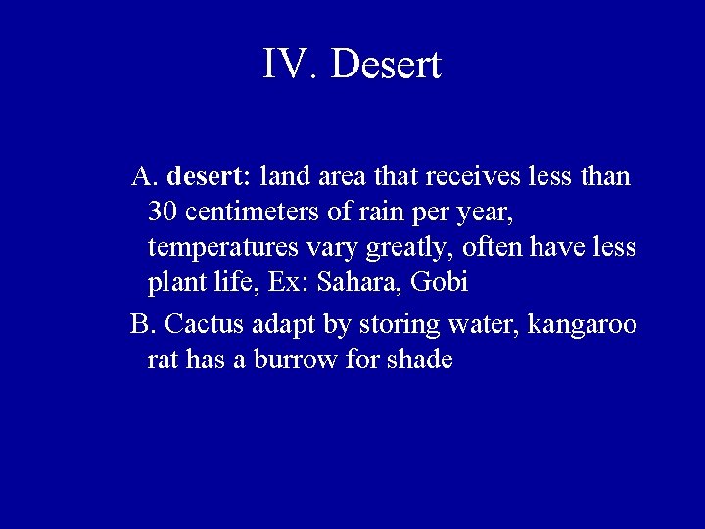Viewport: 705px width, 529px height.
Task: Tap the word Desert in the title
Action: (x=387, y=66)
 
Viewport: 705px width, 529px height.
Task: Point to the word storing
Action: (x=399, y=325)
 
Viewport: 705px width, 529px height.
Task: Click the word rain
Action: (x=387, y=212)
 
